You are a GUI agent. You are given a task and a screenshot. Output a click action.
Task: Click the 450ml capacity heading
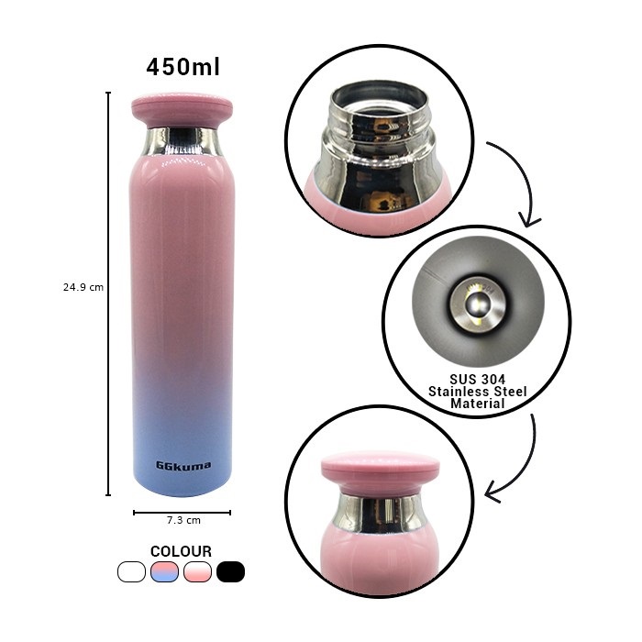click(x=183, y=67)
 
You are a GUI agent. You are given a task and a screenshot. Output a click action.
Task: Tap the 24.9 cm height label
click(x=83, y=287)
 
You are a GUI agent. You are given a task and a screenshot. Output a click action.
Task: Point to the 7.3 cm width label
click(x=183, y=520)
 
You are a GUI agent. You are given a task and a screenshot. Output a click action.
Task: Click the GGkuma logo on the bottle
click(x=183, y=466)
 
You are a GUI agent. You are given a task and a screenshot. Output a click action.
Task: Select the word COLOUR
click(x=181, y=551)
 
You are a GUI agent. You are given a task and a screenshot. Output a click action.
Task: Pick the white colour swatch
click(x=131, y=571)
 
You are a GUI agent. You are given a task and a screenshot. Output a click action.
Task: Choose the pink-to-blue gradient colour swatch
click(x=164, y=571)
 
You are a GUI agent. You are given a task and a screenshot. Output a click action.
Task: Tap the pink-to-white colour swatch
click(x=198, y=571)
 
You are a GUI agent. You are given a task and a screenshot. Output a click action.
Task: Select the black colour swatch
click(x=230, y=571)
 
